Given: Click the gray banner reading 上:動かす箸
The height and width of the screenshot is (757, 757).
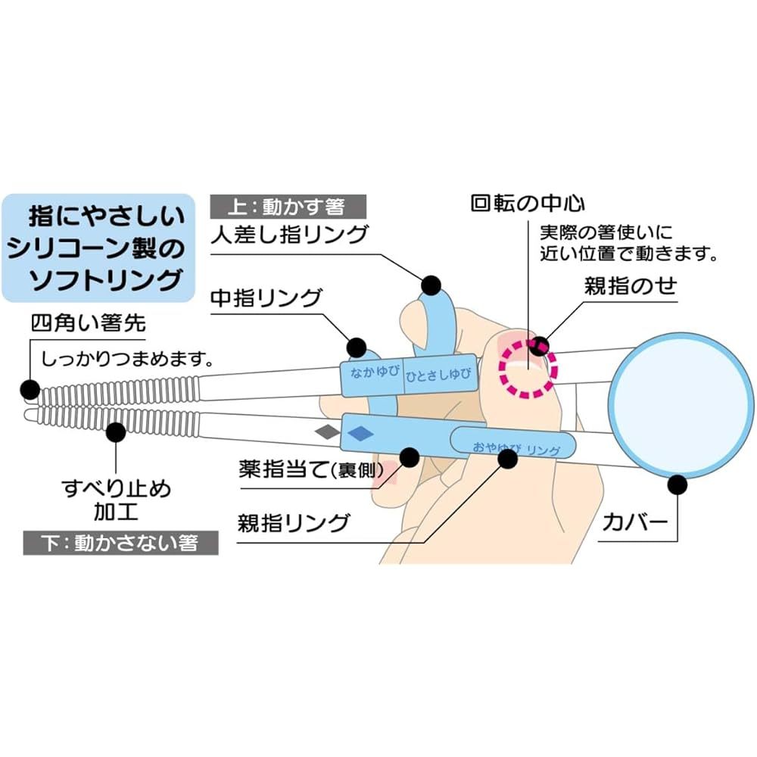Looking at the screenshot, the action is point(288,207).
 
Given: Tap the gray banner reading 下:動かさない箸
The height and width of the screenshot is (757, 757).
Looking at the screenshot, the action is point(120,543).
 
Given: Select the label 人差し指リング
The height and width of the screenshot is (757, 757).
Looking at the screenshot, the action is point(290,235).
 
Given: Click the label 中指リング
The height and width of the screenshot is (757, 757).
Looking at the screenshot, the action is point(266,298).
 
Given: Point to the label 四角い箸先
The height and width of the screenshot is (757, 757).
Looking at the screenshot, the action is point(89,323).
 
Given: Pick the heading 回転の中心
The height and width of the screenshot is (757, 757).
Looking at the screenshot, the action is point(528,204).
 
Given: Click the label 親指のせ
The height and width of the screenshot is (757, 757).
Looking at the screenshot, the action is point(631,286).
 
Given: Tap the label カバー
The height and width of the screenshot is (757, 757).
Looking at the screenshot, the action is point(635,522).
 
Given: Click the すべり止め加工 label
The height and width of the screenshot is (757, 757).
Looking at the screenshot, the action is point(117,500).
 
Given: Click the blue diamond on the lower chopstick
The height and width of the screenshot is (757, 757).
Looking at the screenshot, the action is point(360,433).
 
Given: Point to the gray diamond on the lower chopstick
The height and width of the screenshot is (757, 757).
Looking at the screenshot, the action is point(327,432).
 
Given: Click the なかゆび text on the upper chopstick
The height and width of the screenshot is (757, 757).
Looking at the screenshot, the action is point(375,372).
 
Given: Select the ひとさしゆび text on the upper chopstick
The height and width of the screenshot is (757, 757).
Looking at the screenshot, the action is point(438,375).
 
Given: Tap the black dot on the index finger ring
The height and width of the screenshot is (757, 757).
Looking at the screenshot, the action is point(431,285).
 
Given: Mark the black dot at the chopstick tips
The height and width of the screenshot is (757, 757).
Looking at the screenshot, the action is point(30,389).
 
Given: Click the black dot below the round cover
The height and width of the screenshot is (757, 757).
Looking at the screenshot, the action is point(678,484).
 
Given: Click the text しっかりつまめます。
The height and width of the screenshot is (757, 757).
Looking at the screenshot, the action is point(127,359).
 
